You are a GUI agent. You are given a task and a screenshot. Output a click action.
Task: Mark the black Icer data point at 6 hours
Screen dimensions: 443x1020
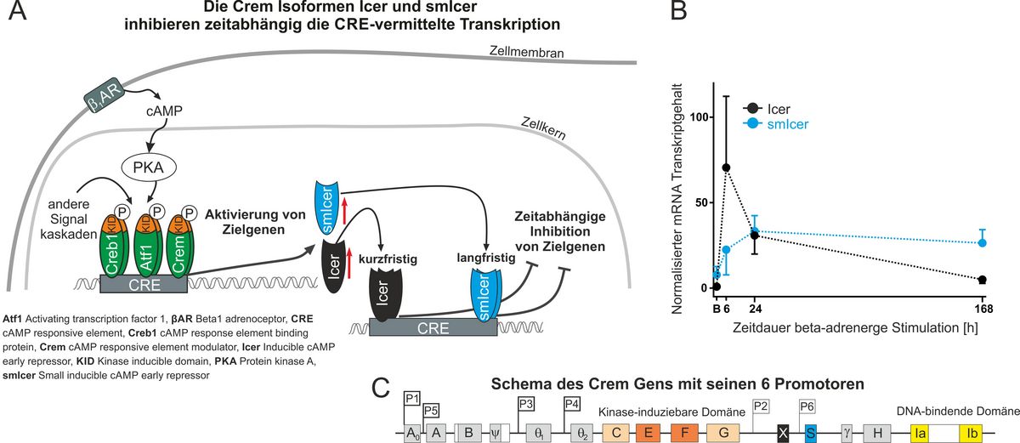(726, 168)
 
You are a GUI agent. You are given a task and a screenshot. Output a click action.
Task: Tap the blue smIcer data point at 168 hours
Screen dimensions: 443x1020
(982, 242)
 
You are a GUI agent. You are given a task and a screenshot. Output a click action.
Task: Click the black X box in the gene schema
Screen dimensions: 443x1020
(782, 432)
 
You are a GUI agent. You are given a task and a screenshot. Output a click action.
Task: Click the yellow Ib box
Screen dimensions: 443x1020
(972, 432)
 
